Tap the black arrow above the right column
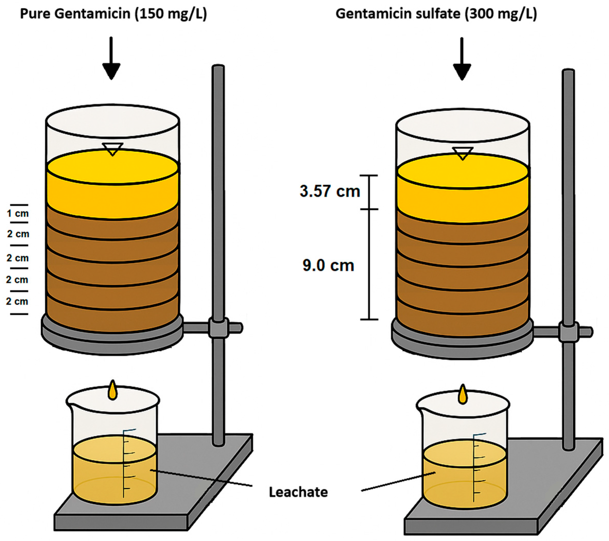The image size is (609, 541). pyautogui.click(x=462, y=60)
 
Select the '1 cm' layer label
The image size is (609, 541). pyautogui.click(x=18, y=214)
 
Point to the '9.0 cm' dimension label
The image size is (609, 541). pyautogui.click(x=328, y=265)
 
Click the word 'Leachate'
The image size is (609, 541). pyautogui.click(x=298, y=492)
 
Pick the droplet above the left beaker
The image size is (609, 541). pyautogui.click(x=113, y=391)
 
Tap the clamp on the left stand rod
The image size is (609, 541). pyautogui.click(x=218, y=328)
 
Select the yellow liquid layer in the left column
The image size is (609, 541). pyautogui.click(x=113, y=190)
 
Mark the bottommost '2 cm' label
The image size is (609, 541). pyautogui.click(x=17, y=301)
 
